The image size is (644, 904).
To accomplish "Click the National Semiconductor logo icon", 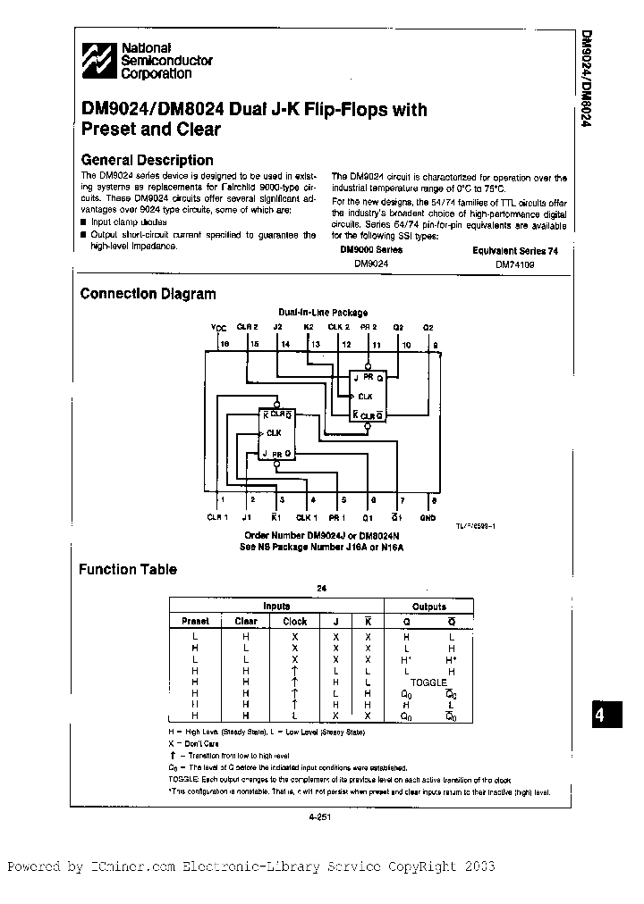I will [x=97, y=61].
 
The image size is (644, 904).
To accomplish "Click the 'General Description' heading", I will [x=147, y=160].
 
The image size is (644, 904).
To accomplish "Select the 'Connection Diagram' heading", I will [x=148, y=294].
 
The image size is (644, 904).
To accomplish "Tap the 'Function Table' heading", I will [x=128, y=569].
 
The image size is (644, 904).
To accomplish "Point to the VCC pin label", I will [x=219, y=328].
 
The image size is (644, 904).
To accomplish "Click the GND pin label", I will [x=428, y=517].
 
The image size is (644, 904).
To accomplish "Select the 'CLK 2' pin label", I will [x=339, y=328].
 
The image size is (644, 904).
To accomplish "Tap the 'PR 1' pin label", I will [x=337, y=517].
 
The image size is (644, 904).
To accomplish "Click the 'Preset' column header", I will [x=195, y=621].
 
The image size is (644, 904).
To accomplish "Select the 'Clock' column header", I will [x=294, y=621].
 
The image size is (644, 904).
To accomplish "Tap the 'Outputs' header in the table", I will [x=428, y=607].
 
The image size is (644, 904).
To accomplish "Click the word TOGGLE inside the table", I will [x=428, y=682].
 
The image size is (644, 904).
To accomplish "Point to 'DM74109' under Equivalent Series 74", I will [x=514, y=264].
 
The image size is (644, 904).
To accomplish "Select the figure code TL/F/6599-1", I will [x=476, y=527].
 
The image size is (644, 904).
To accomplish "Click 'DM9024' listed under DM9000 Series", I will [x=371, y=264].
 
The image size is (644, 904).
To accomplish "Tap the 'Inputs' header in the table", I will [x=276, y=607].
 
